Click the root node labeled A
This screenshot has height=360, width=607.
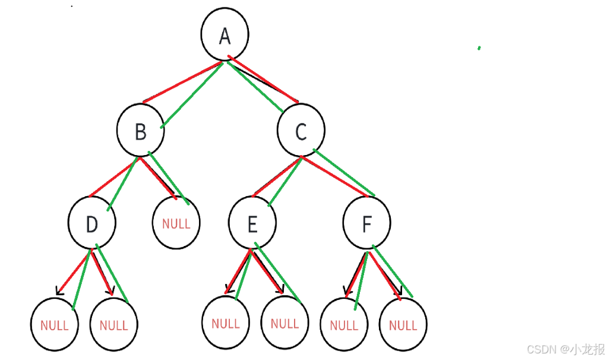[225, 35]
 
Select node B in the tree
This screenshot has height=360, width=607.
[140, 131]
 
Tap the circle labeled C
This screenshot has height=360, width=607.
[301, 131]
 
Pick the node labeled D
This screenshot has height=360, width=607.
[91, 224]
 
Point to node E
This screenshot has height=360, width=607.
[252, 224]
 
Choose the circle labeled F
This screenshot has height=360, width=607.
[366, 223]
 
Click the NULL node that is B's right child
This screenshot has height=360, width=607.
[176, 223]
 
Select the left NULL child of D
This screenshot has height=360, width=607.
[54, 325]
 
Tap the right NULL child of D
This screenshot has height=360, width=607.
[113, 325]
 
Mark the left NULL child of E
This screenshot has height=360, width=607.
[225, 323]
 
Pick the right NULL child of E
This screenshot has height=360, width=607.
[284, 323]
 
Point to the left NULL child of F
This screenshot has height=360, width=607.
[343, 325]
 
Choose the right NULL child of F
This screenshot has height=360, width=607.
[403, 325]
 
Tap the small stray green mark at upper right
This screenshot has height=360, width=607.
[479, 48]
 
